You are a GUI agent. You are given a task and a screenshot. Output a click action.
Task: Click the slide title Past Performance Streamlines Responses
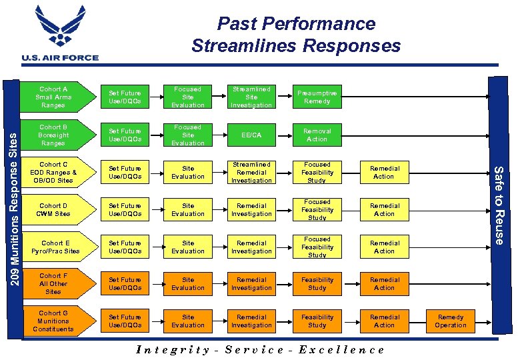coord(296,35)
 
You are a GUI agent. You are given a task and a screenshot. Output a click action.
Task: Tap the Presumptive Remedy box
coord(317,97)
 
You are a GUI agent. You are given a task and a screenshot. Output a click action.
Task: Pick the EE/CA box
coord(251,135)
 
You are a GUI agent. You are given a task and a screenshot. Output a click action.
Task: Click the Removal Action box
coord(317,135)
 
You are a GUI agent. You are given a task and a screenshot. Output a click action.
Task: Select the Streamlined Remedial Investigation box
coord(251,173)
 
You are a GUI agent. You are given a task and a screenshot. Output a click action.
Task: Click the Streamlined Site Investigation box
coord(251,97)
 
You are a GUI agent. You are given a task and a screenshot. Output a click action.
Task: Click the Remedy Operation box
coord(451,321)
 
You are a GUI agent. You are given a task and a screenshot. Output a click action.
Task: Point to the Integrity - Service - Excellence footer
coord(260,349)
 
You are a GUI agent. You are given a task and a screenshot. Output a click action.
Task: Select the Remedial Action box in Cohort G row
coord(385,321)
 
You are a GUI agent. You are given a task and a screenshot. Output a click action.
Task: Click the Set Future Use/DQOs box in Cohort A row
coord(125,97)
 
